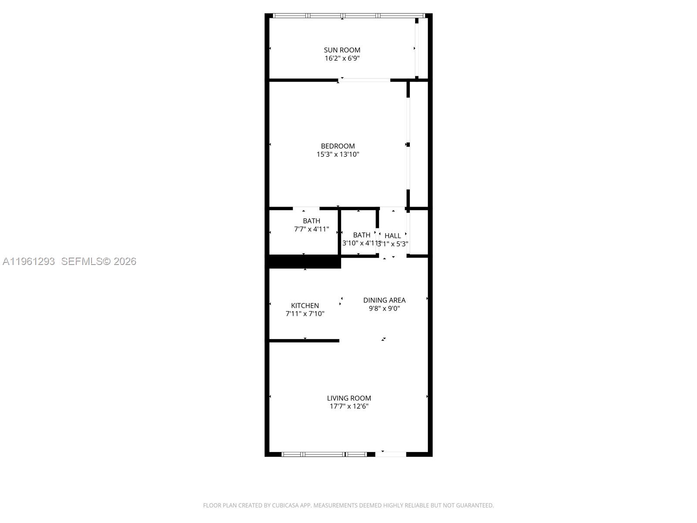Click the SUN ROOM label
pyautogui.click(x=342, y=50)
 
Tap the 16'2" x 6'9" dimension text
pyautogui.click(x=342, y=58)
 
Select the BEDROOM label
pyautogui.click(x=338, y=146)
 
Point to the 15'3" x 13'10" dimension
pyautogui.click(x=338, y=154)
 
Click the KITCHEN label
pyautogui.click(x=305, y=306)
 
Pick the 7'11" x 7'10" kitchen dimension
pyautogui.click(x=305, y=314)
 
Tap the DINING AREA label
pyautogui.click(x=384, y=300)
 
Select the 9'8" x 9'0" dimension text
pyautogui.click(x=384, y=308)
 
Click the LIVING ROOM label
pyautogui.click(x=349, y=398)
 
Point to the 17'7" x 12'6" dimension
pyautogui.click(x=349, y=406)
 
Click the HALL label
pyautogui.click(x=392, y=236)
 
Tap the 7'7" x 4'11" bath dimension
pyautogui.click(x=311, y=229)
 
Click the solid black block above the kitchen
pyautogui.click(x=303, y=261)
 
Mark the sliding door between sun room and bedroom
pyautogui.click(x=365, y=80)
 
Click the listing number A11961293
pyautogui.click(x=29, y=261)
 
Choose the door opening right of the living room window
pyautogui.click(x=391, y=454)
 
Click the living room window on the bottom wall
pyautogui.click(x=325, y=454)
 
